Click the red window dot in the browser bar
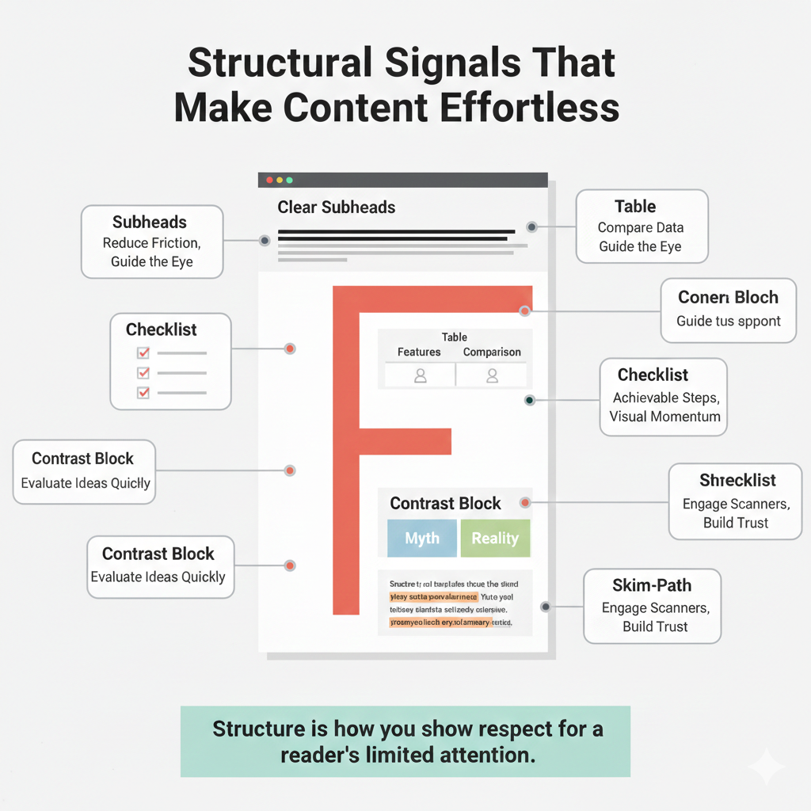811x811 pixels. coord(269,181)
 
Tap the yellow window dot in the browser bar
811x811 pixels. coord(280,181)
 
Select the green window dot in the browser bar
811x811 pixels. coord(289,181)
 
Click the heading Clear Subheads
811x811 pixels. coord(336,208)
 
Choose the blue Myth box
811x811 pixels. coord(421,539)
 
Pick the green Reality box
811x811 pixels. coord(495,539)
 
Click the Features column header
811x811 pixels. coord(419,352)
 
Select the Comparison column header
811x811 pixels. coord(492,352)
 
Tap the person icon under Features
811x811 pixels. coord(421,375)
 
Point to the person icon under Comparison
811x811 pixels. coord(492,375)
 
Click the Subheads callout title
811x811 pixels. coord(150,223)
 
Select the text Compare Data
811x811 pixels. coord(640,228)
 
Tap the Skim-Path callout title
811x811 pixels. coord(652,585)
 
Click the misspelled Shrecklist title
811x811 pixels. coord(737,481)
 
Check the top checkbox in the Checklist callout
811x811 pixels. coord(143,353)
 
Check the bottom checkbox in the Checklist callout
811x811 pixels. coord(143,393)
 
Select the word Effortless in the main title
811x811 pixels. coord(528,109)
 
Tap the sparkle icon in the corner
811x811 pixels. coord(766,767)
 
